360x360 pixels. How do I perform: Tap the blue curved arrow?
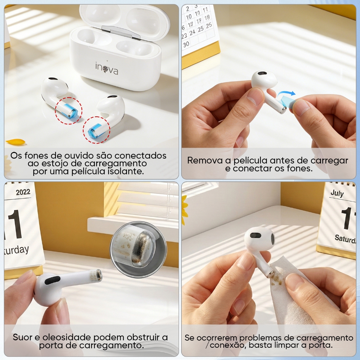click(286, 94)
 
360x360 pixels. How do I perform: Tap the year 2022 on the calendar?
click(23, 192)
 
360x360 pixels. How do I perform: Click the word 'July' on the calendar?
click(337, 193)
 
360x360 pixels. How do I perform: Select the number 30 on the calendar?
click(186, 44)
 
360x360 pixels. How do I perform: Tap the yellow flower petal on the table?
click(15, 142)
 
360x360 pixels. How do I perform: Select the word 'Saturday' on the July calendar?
click(345, 239)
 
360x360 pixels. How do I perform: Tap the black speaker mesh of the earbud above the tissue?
click(255, 235)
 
